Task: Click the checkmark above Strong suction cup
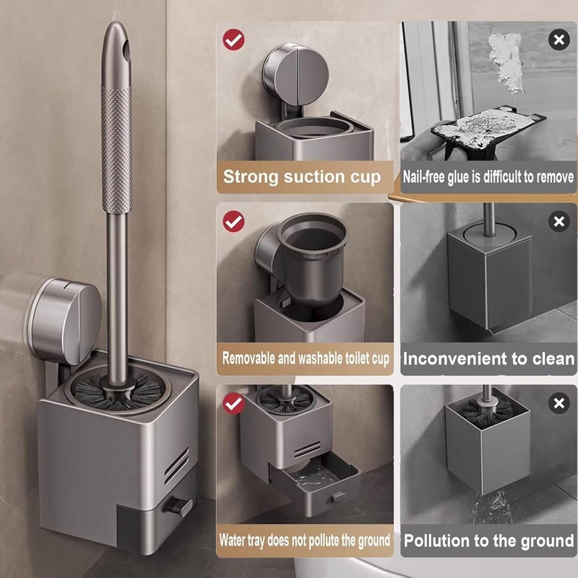click(233, 40)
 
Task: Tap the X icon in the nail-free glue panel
click(558, 40)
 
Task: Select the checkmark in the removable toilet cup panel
click(233, 221)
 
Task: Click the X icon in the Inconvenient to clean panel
click(558, 221)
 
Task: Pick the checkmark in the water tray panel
click(233, 403)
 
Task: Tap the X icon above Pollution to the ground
click(558, 403)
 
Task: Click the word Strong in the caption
click(251, 177)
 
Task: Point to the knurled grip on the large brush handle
click(116, 150)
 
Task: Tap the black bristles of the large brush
click(117, 394)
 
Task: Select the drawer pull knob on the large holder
click(178, 506)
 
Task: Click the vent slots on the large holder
click(176, 465)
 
